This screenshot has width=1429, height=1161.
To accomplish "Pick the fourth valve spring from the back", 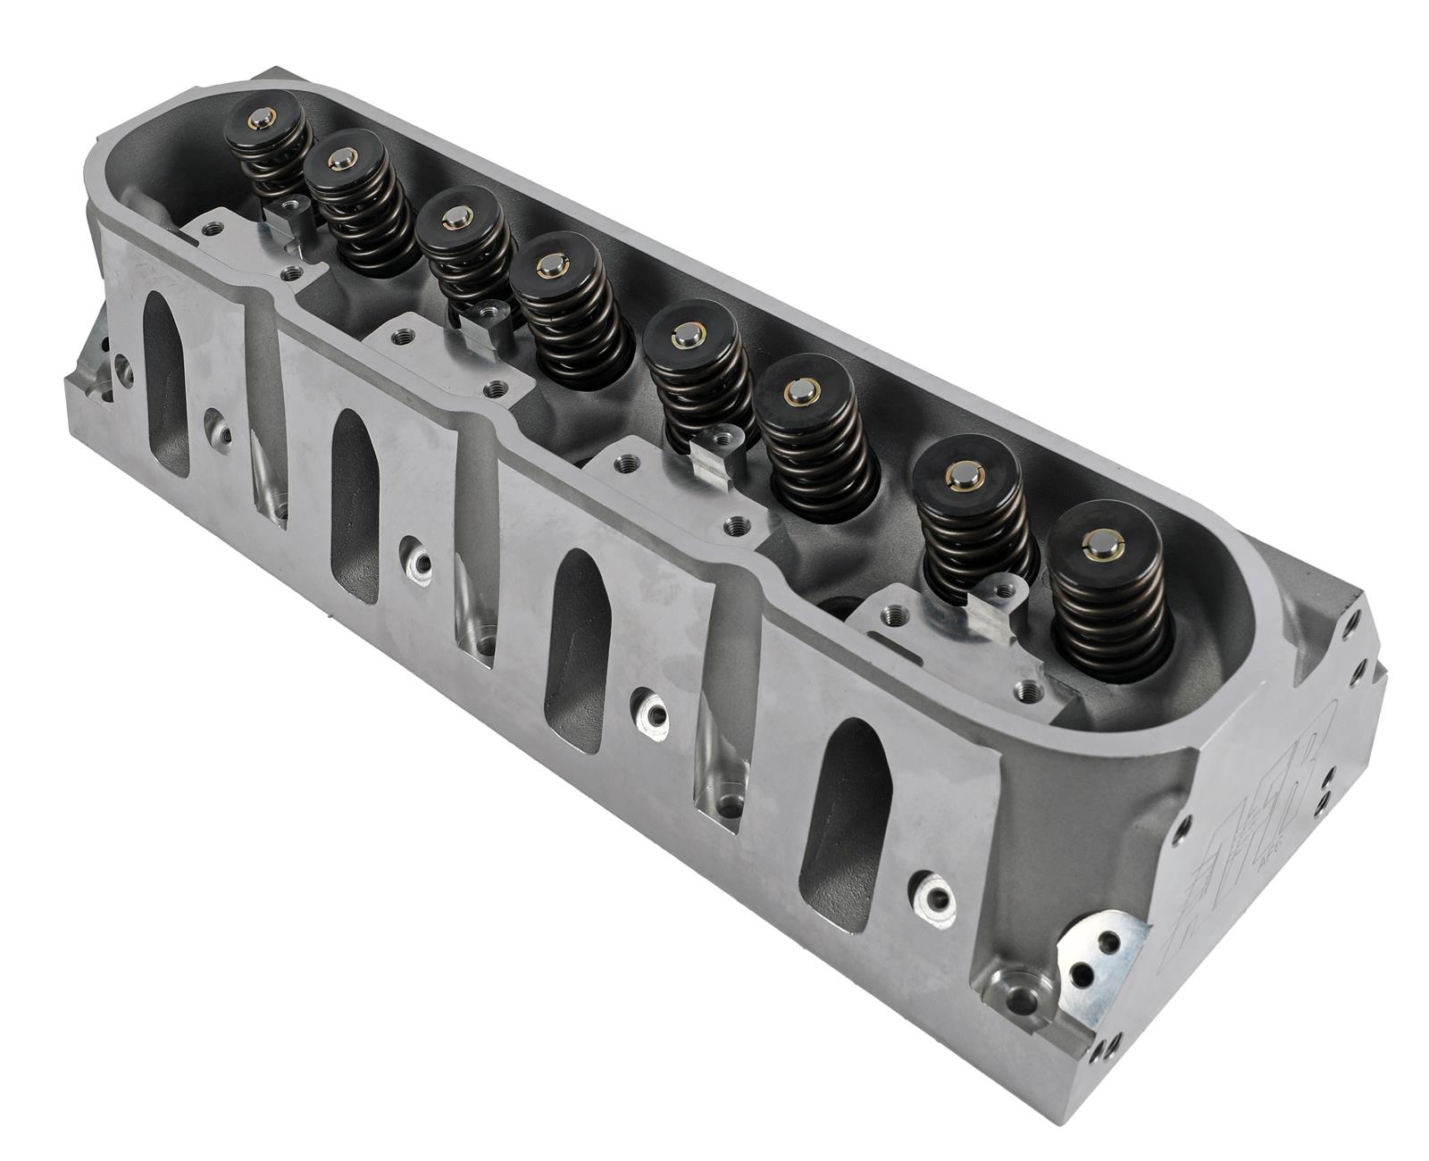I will click(x=562, y=308).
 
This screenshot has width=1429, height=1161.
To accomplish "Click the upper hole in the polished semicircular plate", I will click(x=1108, y=940).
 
